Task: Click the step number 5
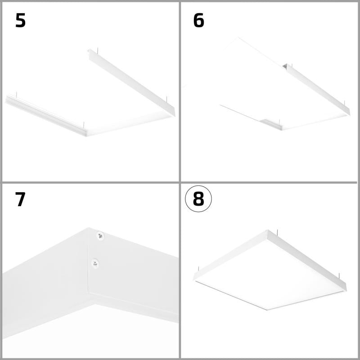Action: coord(20,20)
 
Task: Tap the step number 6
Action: coord(198,20)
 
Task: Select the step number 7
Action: coord(20,199)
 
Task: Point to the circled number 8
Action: coord(198,199)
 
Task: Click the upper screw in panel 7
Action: coord(100,236)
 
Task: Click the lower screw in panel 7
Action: coord(95,264)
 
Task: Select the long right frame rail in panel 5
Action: coord(131,83)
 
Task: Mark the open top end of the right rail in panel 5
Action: coord(89,52)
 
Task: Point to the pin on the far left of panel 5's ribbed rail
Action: coord(16,95)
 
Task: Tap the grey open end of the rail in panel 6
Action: coord(286,66)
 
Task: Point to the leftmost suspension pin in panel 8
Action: coord(198,270)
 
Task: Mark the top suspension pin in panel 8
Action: coord(278,232)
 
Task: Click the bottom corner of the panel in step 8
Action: coord(267,310)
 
